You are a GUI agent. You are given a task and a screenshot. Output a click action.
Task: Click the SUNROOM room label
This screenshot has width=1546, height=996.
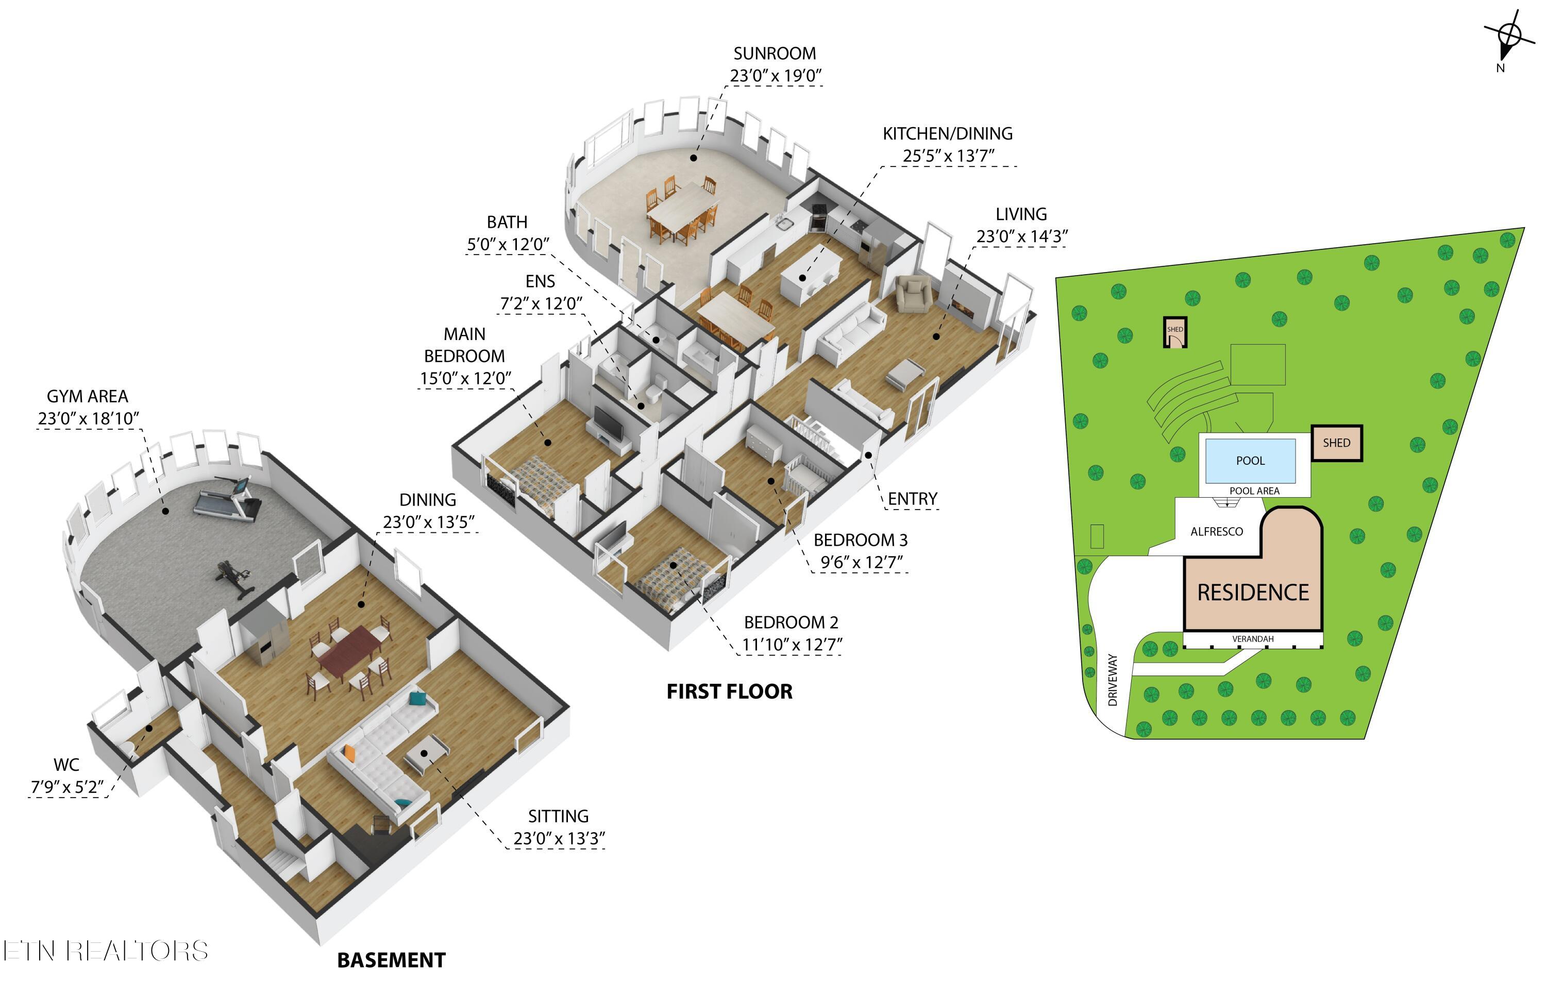(x=775, y=53)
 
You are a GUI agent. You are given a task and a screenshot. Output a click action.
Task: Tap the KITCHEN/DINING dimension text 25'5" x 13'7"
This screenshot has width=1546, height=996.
(x=948, y=156)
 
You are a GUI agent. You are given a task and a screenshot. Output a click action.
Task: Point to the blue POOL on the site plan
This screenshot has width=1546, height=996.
(x=1250, y=461)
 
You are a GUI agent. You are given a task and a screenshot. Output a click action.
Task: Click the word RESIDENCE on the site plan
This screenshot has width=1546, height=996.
(x=1253, y=593)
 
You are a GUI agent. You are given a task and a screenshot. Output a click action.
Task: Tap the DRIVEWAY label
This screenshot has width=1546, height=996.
(x=1113, y=680)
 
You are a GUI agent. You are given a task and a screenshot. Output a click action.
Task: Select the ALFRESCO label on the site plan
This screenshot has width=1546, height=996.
(x=1217, y=532)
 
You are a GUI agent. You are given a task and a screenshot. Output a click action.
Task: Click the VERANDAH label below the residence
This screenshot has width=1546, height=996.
(x=1253, y=639)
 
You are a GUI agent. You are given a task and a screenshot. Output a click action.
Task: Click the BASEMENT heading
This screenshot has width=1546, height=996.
(x=391, y=960)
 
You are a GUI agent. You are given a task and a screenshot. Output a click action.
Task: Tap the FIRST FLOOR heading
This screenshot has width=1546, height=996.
(x=730, y=691)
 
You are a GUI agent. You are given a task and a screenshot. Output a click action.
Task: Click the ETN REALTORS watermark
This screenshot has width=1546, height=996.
(x=106, y=951)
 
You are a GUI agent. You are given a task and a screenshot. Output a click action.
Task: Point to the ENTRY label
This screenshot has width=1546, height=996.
(x=912, y=499)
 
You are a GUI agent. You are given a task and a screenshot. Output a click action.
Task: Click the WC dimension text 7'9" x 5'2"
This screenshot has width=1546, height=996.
(x=68, y=787)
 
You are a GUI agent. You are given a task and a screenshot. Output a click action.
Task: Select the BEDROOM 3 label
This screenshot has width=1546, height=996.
(x=860, y=540)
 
